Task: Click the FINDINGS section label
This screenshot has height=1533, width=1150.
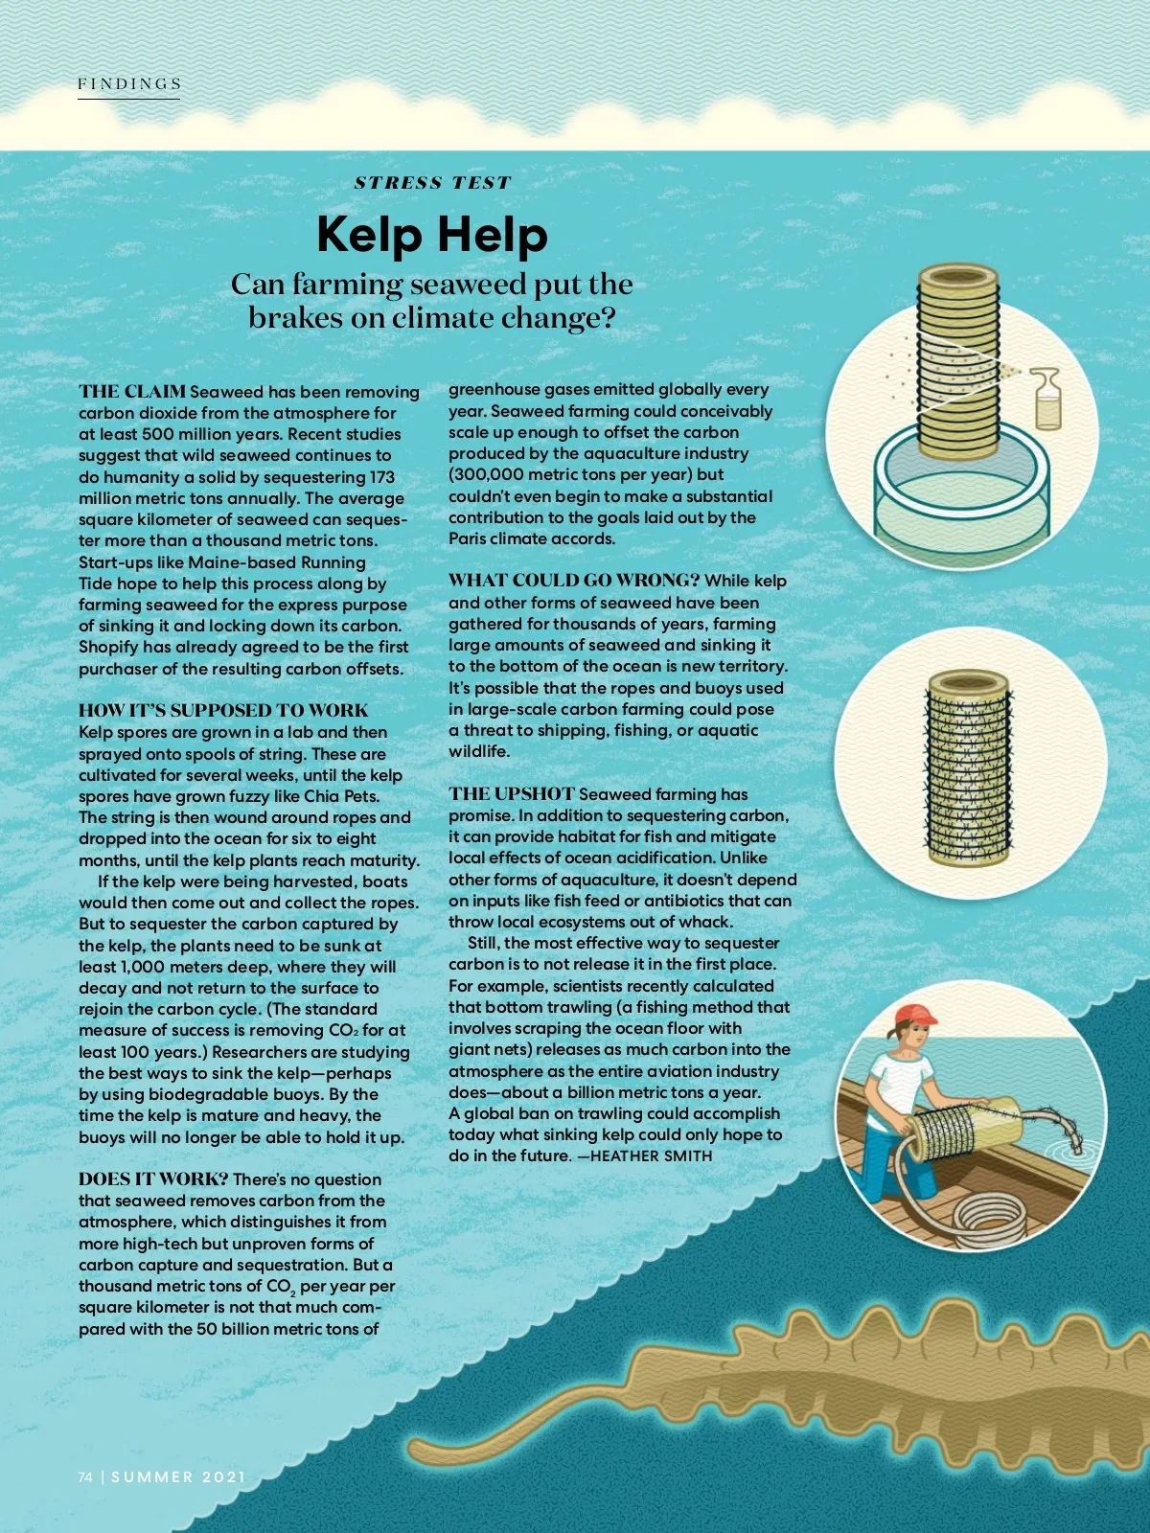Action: (x=129, y=84)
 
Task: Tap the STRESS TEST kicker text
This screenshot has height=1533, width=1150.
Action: (x=432, y=183)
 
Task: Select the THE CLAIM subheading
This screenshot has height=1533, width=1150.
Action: (x=132, y=391)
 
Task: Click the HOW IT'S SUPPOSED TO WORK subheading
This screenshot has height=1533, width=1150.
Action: (x=223, y=710)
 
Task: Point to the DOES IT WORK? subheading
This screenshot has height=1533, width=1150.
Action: (x=153, y=1179)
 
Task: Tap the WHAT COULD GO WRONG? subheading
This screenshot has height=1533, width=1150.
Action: (x=574, y=581)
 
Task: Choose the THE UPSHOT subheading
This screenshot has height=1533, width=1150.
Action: (x=512, y=794)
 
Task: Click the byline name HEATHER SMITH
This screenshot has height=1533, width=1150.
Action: (x=652, y=1156)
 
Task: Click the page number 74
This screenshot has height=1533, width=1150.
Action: (x=85, y=1477)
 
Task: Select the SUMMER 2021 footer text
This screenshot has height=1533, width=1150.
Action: (x=178, y=1477)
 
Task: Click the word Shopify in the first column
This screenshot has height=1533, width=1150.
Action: (x=108, y=648)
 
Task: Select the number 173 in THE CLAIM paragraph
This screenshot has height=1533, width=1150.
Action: (x=381, y=477)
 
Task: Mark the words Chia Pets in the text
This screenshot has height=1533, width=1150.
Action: (x=341, y=796)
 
